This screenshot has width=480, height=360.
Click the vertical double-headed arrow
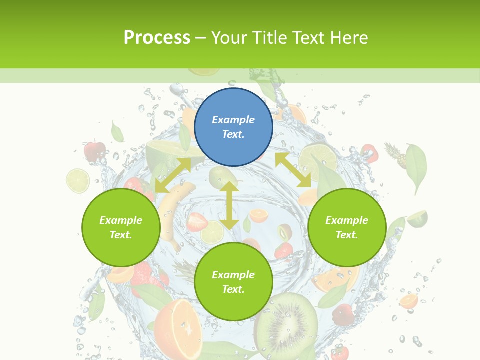[x=229, y=205]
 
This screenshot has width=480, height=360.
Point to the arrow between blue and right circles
[x=293, y=170]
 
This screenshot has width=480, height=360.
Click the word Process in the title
[x=157, y=37]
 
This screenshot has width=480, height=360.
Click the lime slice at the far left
[x=78, y=180]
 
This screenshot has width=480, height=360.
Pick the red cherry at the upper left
[x=94, y=150]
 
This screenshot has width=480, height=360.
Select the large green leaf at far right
[x=416, y=167]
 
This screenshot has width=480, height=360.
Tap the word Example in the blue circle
[x=233, y=120]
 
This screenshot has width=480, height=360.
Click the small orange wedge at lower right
[x=409, y=301]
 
